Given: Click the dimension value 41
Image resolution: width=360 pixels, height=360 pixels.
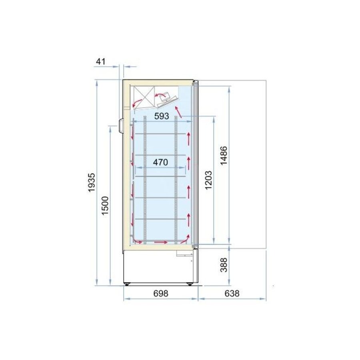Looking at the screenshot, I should coord(100,61).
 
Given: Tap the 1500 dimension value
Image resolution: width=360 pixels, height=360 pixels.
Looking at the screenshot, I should coord(105,206).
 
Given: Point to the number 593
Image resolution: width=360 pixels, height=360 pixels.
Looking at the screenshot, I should coord(161,116).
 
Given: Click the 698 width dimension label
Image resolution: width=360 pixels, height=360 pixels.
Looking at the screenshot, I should coord(161,293).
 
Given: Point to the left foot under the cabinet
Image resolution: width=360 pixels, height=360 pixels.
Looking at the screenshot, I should coord(128,285).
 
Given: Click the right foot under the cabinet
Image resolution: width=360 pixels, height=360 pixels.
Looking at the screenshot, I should coord(190,285).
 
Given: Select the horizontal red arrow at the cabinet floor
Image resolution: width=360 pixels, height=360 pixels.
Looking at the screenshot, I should coord(161,242).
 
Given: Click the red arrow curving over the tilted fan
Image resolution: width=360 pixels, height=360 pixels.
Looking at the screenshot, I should coord(161,94).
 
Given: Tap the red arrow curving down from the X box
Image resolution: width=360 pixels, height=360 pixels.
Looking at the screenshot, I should coord(136,103).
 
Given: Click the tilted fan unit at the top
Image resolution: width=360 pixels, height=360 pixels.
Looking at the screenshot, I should coord(168,101).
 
